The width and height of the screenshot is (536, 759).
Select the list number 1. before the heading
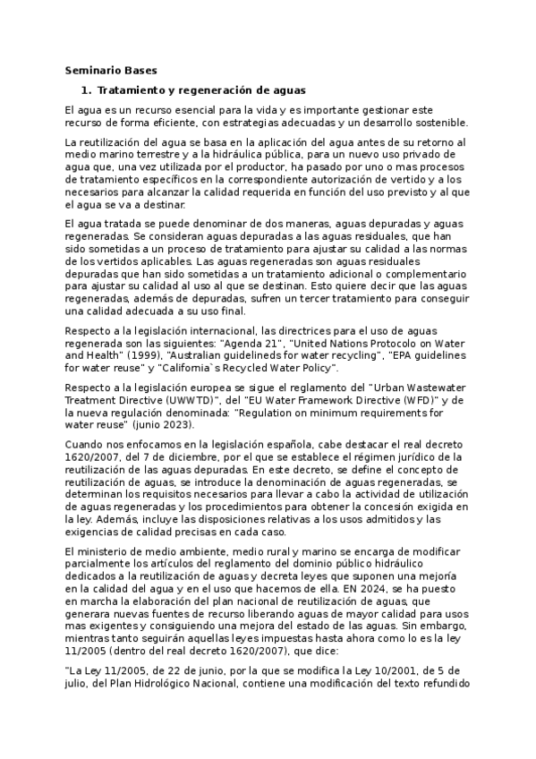coord(87,90)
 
